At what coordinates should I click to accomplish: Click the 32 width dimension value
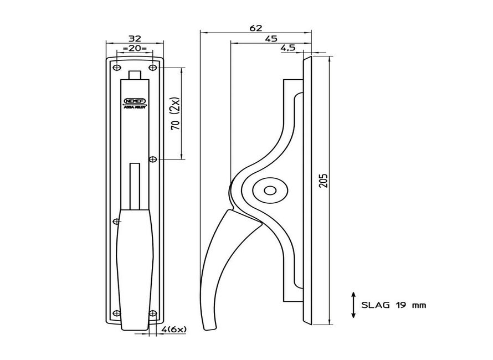tap(135, 38)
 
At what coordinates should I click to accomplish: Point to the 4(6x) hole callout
tap(174, 330)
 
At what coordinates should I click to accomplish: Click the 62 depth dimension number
tap(255, 28)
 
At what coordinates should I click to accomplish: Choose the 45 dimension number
tap(271, 39)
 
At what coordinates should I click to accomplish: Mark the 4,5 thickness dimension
tap(287, 49)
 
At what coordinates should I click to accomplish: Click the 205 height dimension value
tap(324, 179)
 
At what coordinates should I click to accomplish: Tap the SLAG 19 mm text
tap(394, 305)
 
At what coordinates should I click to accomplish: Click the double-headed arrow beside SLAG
tap(353, 305)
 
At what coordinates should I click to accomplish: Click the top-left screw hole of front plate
tap(116, 68)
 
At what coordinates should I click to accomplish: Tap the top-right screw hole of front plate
tap(153, 68)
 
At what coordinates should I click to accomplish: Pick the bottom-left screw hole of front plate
tap(116, 313)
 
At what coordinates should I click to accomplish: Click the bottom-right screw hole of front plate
tap(153, 313)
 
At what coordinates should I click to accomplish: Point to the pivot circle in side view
tap(270, 191)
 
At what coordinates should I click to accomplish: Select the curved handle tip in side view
tap(209, 325)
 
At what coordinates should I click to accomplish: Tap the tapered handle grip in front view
tap(134, 266)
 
